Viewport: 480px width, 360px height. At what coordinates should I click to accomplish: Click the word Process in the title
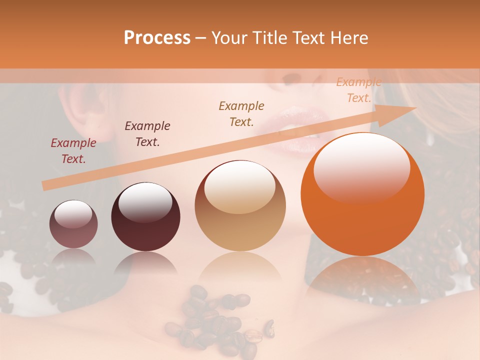[x=157, y=38]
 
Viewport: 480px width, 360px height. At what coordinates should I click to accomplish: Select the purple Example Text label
[x=147, y=134]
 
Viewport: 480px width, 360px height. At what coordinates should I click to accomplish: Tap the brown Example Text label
[x=241, y=114]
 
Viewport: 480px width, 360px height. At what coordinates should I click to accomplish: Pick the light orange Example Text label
[x=358, y=90]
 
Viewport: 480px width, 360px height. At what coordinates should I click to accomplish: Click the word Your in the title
[x=227, y=38]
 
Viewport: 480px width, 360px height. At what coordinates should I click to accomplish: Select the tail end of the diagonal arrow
[x=46, y=186]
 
